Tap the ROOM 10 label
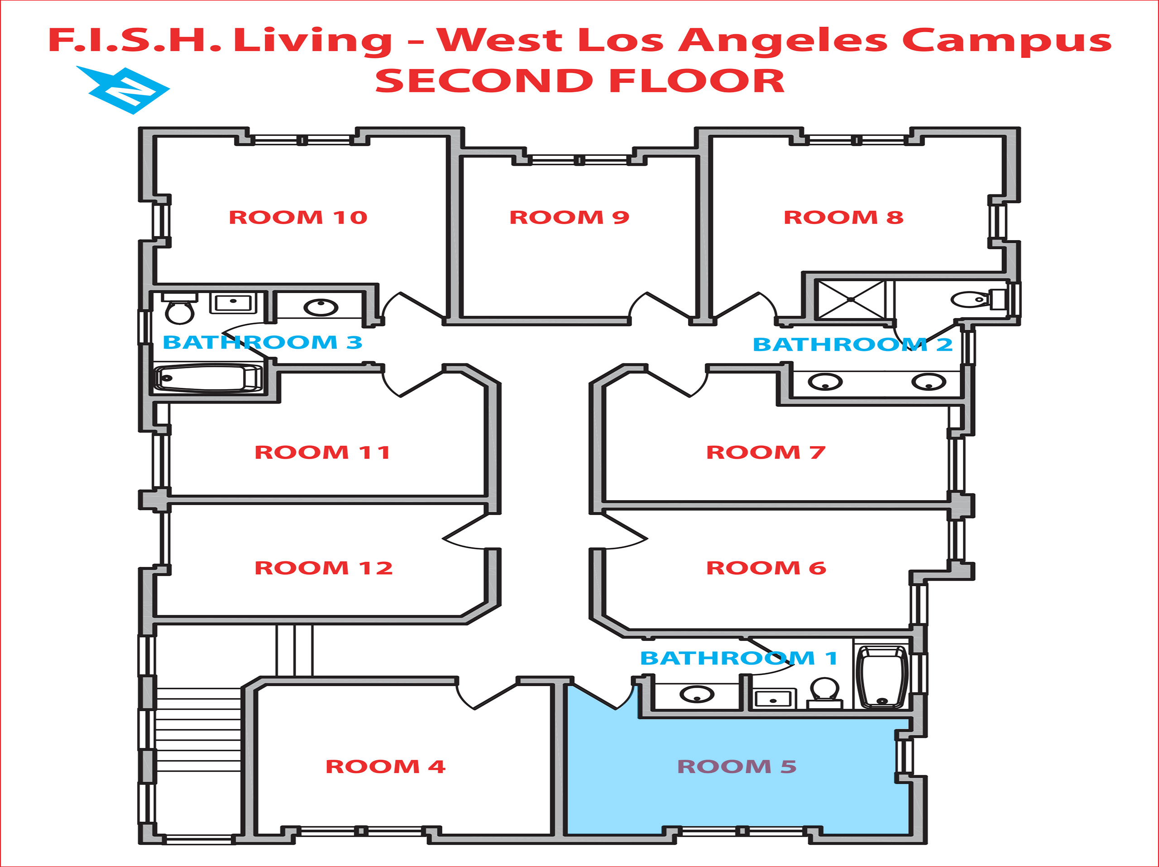[x=297, y=217]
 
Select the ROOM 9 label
[x=569, y=217]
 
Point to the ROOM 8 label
[x=843, y=217]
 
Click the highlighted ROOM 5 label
[x=737, y=767]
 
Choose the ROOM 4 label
[x=385, y=767]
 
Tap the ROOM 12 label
[x=323, y=568]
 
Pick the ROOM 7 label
[x=766, y=453]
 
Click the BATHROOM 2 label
[x=852, y=345]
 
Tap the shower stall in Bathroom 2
[x=851, y=300]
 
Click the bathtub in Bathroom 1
[x=882, y=677]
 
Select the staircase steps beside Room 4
[x=198, y=729]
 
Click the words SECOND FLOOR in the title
[x=579, y=81]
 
